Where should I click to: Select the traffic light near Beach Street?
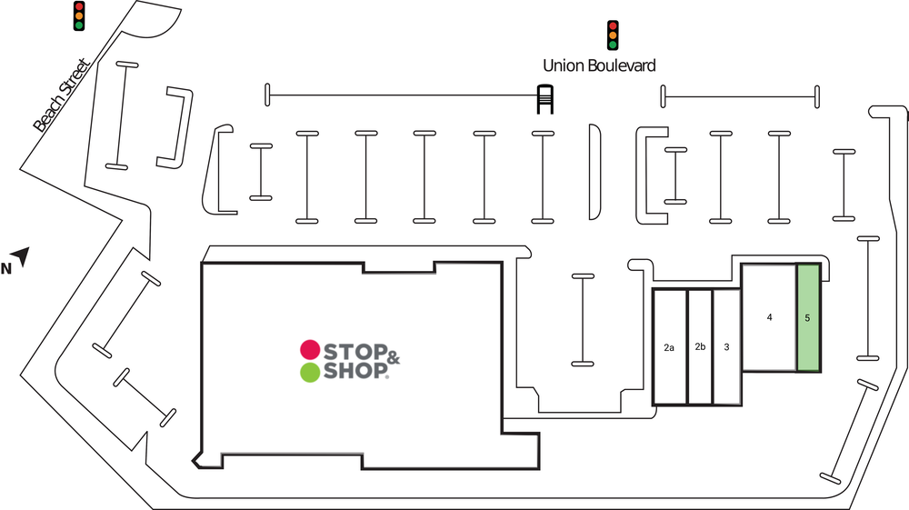click(79, 15)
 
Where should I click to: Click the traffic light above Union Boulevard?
click(613, 35)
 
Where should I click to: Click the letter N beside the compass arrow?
click(5, 267)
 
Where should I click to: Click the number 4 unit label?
click(769, 317)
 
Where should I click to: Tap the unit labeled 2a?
click(669, 347)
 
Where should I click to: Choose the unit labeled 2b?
click(700, 346)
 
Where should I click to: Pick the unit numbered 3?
click(726, 346)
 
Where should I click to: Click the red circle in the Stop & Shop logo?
click(309, 349)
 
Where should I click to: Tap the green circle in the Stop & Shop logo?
click(309, 371)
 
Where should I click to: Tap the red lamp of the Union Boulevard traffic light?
click(613, 25)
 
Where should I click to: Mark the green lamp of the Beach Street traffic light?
click(79, 25)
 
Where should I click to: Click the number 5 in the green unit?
click(807, 318)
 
